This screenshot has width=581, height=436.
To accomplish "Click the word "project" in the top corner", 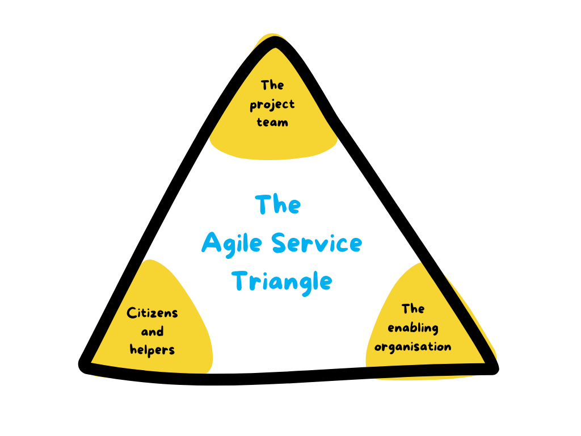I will pyautogui.click(x=272, y=105).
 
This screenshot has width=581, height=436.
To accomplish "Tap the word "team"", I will pyautogui.click(x=272, y=122).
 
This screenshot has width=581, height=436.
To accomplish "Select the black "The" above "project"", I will pyautogui.click(x=272, y=86).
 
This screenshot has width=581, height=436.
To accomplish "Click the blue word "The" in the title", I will pyautogui.click(x=277, y=205).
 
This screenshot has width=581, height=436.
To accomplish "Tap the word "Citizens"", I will pyautogui.click(x=152, y=313).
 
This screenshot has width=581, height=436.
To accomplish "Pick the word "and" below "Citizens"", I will pyautogui.click(x=152, y=332).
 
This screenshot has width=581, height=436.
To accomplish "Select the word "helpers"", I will pyautogui.click(x=152, y=350).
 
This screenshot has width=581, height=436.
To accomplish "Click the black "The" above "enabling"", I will pyautogui.click(x=413, y=309).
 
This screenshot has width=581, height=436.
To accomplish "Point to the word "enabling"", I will pyautogui.click(x=413, y=328).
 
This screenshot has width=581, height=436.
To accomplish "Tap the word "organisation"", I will pyautogui.click(x=413, y=346).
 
